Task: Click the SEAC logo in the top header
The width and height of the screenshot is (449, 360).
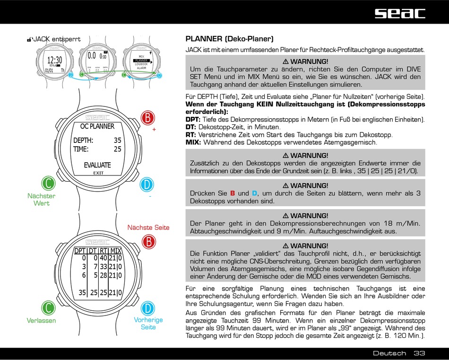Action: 400,13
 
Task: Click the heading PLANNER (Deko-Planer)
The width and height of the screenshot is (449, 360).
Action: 229,39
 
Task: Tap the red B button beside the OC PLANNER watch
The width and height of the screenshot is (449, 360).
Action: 148,117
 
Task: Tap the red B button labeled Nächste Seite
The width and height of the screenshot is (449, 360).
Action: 148,242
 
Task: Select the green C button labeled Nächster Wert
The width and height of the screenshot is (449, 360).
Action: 48,184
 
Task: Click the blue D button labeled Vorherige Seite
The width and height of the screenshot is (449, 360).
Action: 148,308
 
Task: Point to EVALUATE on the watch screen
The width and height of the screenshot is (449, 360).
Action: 97,165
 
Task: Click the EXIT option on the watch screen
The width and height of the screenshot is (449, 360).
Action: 98,173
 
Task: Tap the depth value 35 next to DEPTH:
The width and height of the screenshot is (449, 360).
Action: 117,140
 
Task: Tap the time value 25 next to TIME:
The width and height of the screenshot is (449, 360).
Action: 117,149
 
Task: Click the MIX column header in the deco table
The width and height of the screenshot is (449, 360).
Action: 116,251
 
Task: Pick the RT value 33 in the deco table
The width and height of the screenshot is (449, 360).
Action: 104,267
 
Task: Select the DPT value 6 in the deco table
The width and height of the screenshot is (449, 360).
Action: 84,275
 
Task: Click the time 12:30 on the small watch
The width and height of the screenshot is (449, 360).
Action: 55,60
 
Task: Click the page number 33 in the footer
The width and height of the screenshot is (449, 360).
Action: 419,353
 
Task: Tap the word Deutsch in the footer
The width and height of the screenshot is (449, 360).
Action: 389,353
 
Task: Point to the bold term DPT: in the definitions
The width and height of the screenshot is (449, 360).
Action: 193,119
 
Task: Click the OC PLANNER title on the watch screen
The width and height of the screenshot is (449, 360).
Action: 97,126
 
